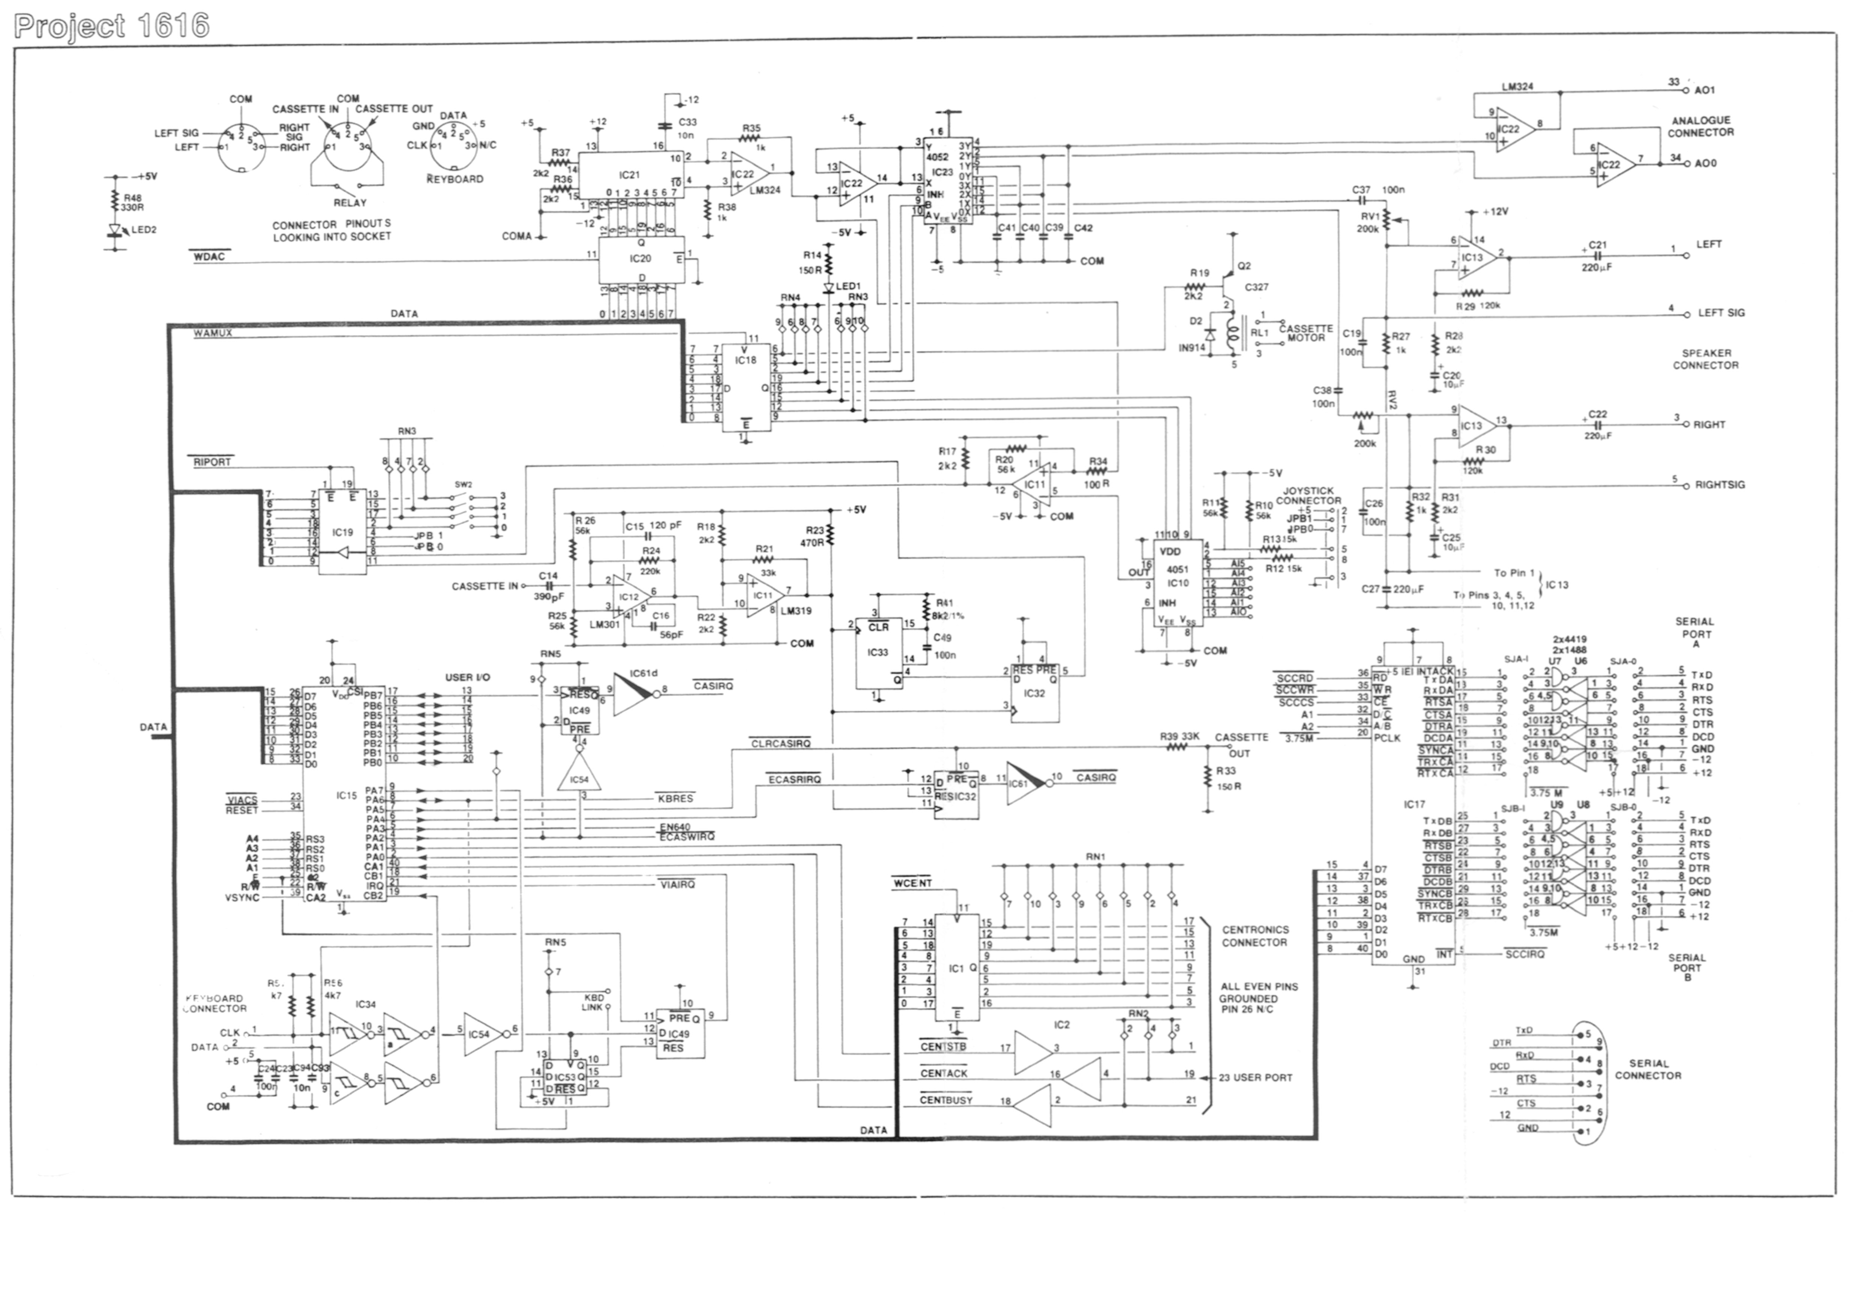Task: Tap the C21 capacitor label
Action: tap(1597, 244)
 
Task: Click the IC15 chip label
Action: tap(347, 796)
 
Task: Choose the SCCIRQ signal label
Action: tap(1525, 955)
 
